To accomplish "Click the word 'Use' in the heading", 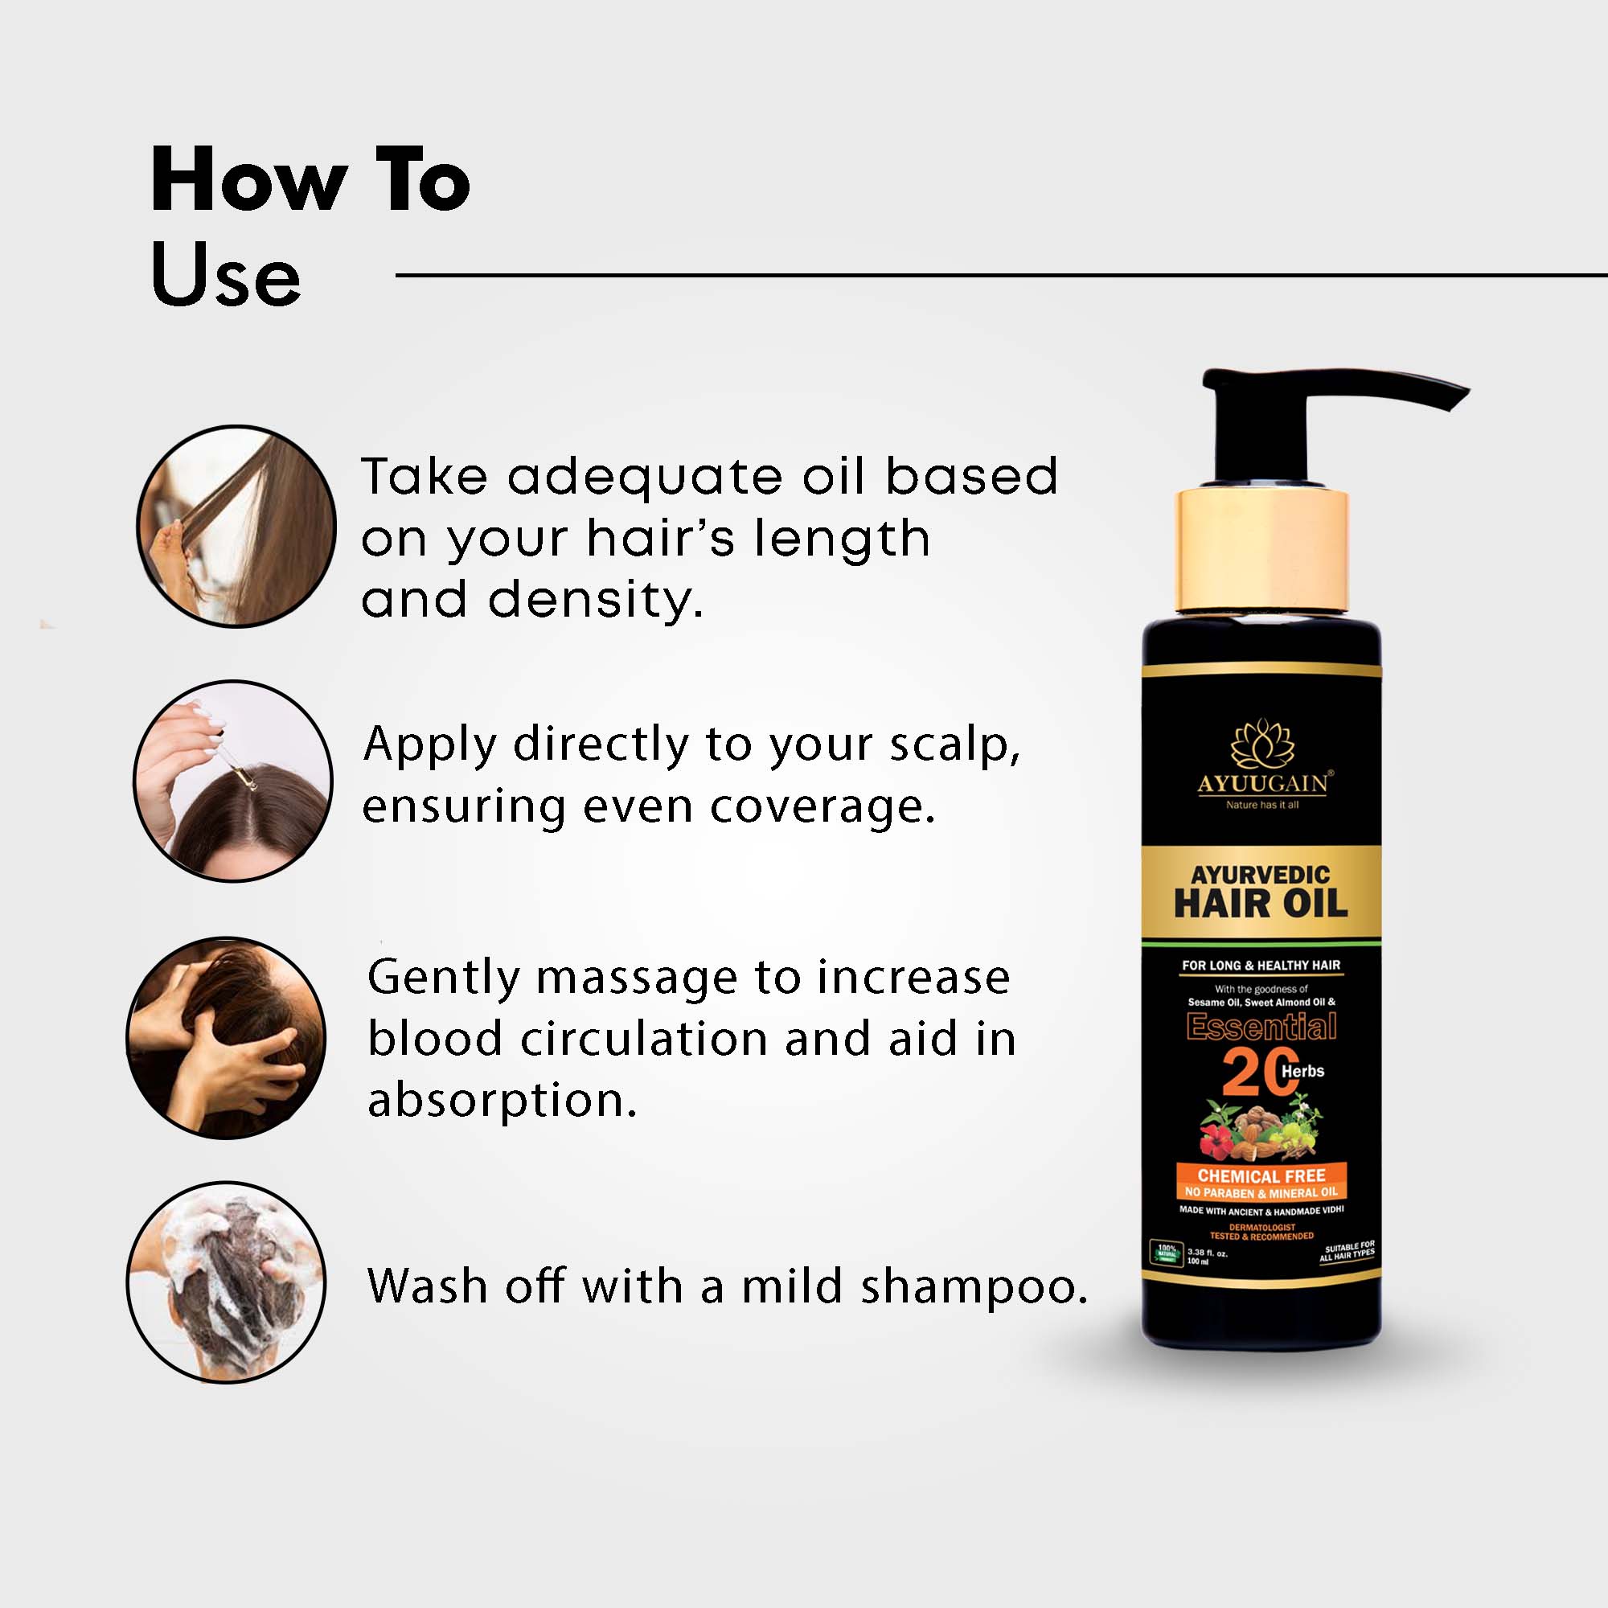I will tap(226, 275).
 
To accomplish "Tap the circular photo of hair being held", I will tap(236, 527).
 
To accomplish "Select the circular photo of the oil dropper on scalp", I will tap(233, 781).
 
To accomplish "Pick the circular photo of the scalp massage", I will tap(227, 1037).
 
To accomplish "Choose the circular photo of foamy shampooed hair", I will tap(227, 1282).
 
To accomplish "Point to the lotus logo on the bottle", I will tap(1262, 742).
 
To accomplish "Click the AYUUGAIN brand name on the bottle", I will tap(1262, 783).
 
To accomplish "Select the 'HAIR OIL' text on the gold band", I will tap(1260, 904).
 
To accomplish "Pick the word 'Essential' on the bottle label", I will tap(1261, 1026).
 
